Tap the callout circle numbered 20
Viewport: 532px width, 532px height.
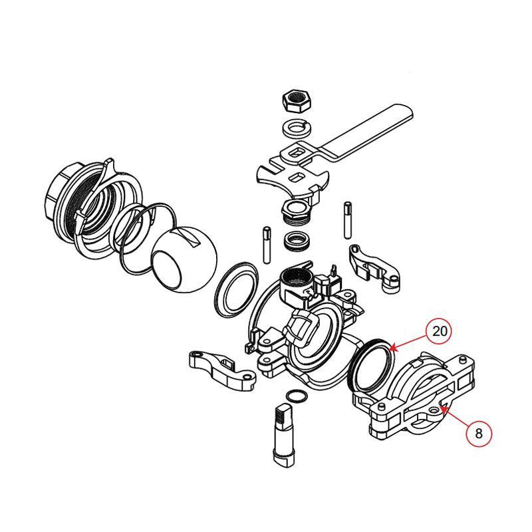point(440,331)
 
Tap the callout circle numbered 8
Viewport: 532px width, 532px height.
point(478,434)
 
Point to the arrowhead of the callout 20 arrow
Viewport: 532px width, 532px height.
point(392,349)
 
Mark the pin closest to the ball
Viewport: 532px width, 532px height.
point(267,245)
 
